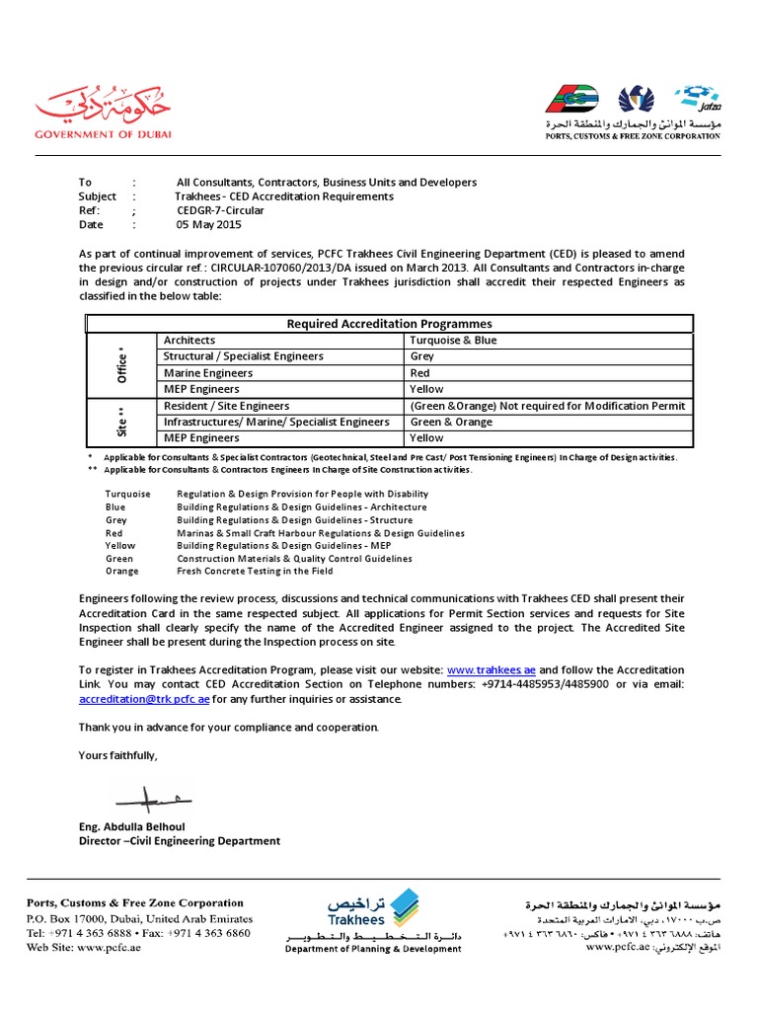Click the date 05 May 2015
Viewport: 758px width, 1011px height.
click(208, 224)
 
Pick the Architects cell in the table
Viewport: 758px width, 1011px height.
click(189, 341)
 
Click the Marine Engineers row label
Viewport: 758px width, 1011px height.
click(208, 373)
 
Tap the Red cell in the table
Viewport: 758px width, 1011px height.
click(419, 373)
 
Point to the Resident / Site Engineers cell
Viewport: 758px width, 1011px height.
click(227, 406)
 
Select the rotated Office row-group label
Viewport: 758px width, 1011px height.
click(122, 365)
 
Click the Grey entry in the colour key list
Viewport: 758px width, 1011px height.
click(115, 519)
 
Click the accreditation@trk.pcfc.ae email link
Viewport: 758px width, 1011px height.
click(144, 699)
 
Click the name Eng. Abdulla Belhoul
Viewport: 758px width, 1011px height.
click(132, 825)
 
